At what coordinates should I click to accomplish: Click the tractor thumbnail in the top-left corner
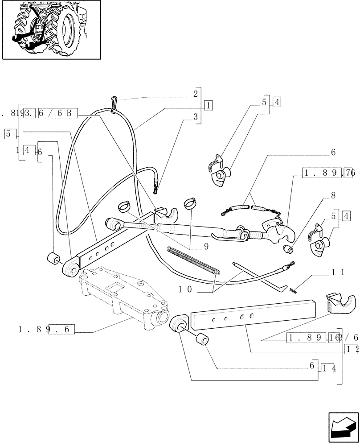click(51, 30)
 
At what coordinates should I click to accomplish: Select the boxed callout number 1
click(208, 106)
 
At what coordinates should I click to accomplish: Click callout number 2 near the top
click(195, 94)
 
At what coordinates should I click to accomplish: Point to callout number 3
click(195, 117)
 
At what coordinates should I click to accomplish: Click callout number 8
click(333, 195)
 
